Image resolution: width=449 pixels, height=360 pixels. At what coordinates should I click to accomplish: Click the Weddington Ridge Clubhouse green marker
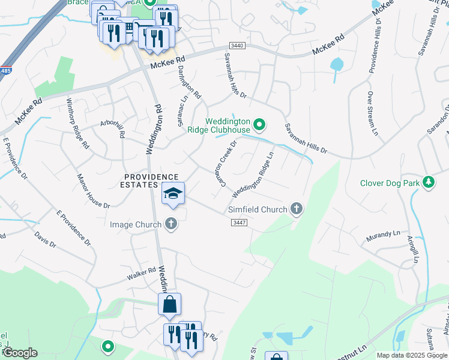pos(259,125)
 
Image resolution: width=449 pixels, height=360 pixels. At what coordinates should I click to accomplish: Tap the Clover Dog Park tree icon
pos(428,181)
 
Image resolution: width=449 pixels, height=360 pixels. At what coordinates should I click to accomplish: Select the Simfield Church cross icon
pos(295,209)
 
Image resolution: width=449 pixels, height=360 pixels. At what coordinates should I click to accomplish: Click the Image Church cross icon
pos(171,224)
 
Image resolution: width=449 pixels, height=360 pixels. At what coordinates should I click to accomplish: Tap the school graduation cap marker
pos(173,194)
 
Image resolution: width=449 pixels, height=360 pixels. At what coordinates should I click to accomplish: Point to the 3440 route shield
pos(237,46)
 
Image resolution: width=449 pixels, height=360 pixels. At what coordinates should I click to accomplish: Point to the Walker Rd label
pos(141,275)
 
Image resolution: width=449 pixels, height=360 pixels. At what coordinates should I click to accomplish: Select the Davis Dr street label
pos(45,240)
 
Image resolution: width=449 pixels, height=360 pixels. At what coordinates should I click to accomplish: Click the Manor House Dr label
pos(94,191)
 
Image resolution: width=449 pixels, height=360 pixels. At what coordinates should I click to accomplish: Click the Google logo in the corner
pos(20,353)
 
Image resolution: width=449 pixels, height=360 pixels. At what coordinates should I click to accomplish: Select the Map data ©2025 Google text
pos(412,355)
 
